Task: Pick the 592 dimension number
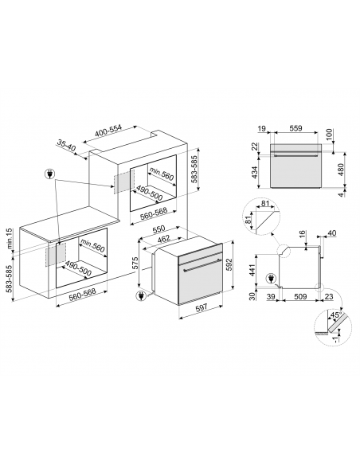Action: [230, 263]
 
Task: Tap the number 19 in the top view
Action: [260, 127]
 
